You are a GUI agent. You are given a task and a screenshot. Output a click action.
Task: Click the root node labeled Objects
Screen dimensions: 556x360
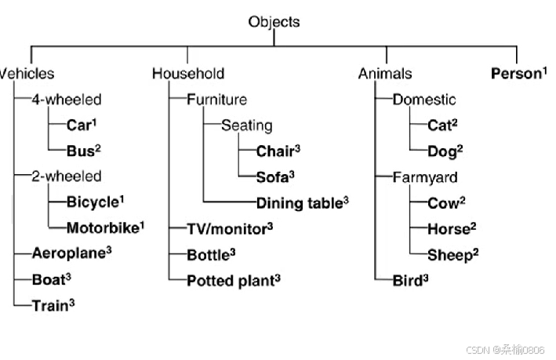click(x=274, y=22)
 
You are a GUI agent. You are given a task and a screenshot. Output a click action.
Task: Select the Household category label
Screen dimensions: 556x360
click(x=188, y=74)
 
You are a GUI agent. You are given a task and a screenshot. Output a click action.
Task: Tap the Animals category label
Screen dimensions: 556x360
click(x=385, y=74)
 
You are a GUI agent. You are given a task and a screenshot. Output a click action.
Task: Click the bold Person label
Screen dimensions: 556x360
click(x=517, y=74)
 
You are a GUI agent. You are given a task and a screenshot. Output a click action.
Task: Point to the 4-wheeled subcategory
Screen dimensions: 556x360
click(x=67, y=100)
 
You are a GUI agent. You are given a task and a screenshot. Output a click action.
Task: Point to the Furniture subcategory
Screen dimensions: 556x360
click(x=216, y=100)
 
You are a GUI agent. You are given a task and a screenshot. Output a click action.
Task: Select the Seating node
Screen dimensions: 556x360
click(x=246, y=125)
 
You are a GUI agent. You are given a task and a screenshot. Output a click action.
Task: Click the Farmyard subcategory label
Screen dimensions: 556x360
click(x=425, y=177)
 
